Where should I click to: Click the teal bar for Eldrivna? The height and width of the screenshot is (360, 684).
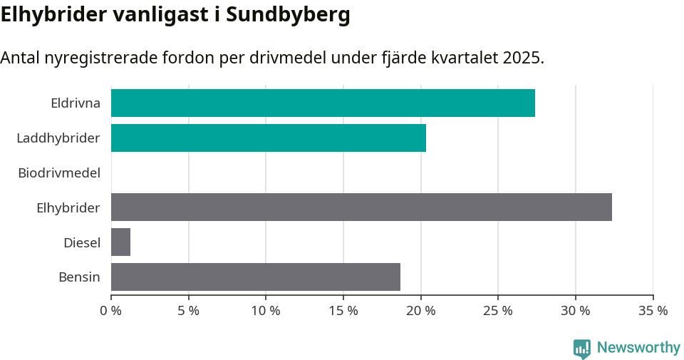pyautogui.click(x=323, y=103)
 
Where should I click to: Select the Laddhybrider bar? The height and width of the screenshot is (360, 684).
pyautogui.click(x=269, y=138)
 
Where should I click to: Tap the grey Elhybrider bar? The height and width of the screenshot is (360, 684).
pyautogui.click(x=361, y=207)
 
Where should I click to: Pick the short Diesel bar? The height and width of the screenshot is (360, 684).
pyautogui.click(x=120, y=242)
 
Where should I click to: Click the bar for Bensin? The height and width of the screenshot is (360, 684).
pyautogui.click(x=256, y=277)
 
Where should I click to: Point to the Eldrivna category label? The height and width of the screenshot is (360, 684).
pyautogui.click(x=76, y=103)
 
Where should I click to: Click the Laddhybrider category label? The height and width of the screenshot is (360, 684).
pyautogui.click(x=58, y=138)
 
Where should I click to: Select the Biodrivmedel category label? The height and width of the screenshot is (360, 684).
pyautogui.click(x=59, y=173)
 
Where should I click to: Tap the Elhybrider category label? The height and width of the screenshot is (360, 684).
pyautogui.click(x=68, y=207)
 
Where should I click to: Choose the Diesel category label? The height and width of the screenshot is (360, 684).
pyautogui.click(x=82, y=242)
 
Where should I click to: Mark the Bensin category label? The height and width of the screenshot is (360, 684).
pyautogui.click(x=79, y=277)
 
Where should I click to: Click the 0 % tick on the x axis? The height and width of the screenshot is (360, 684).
pyautogui.click(x=111, y=311)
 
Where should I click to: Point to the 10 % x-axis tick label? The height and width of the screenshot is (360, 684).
pyautogui.click(x=266, y=311)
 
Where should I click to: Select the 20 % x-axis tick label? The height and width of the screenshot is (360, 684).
pyautogui.click(x=420, y=311)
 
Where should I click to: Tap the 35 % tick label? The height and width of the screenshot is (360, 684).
pyautogui.click(x=653, y=311)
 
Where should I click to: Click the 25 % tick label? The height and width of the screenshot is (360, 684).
pyautogui.click(x=498, y=311)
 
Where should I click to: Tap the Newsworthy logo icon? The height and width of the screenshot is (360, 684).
pyautogui.click(x=582, y=349)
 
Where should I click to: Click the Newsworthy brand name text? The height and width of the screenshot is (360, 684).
pyautogui.click(x=638, y=348)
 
